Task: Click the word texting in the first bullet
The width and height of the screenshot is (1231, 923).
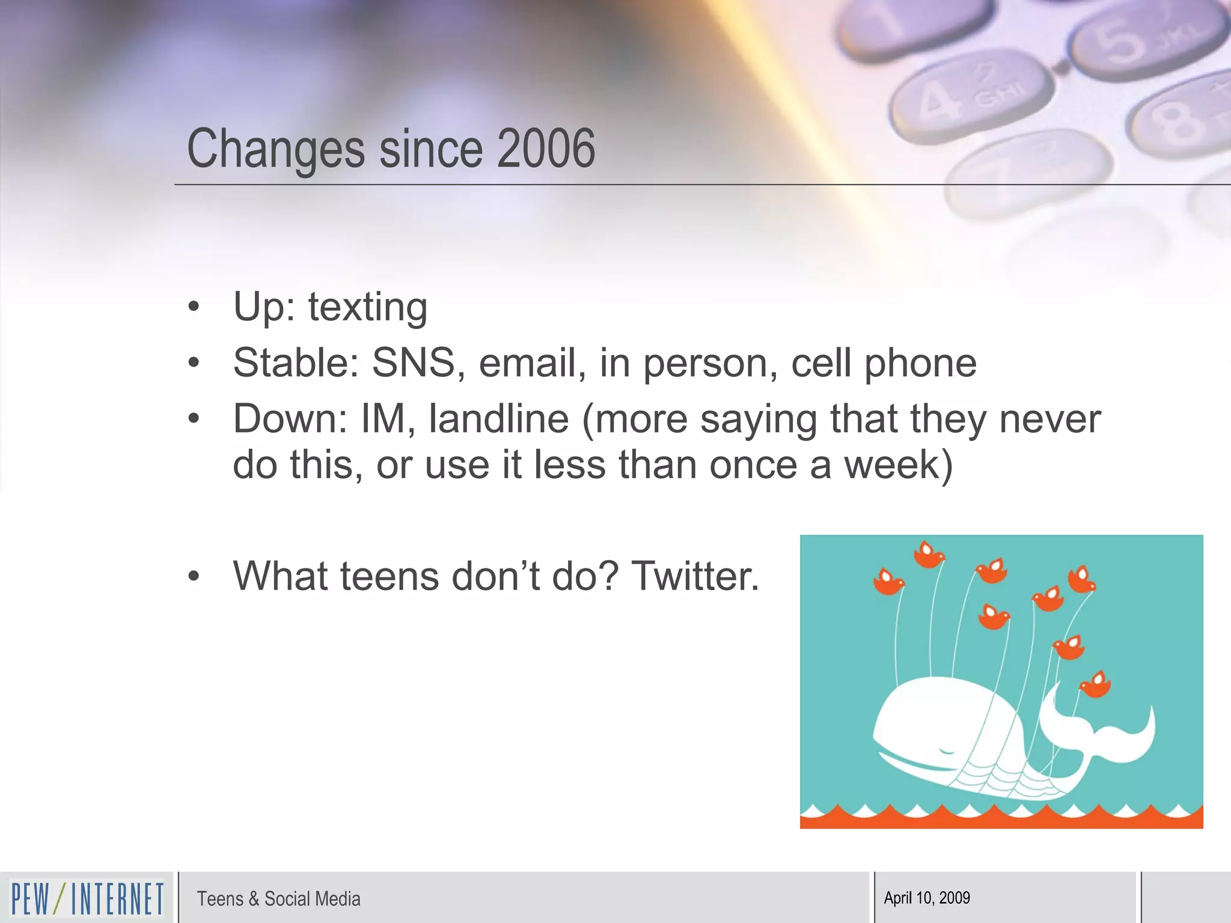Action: (x=368, y=307)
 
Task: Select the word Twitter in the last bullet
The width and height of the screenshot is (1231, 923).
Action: (x=695, y=576)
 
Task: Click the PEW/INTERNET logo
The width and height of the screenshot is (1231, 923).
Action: (x=87, y=898)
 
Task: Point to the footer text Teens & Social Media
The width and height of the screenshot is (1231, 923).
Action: (x=278, y=898)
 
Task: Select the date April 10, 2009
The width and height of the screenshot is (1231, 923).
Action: (x=927, y=898)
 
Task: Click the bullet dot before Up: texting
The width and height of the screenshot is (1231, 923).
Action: (x=194, y=306)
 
